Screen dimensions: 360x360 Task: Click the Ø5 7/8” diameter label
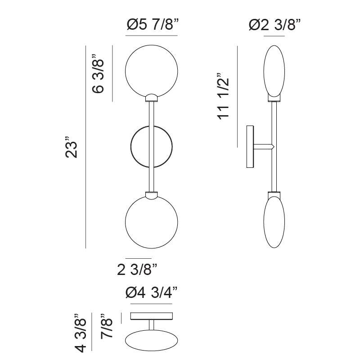(x=153, y=24)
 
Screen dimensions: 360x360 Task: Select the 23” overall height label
(x=72, y=147)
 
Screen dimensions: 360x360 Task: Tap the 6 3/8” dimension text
(x=98, y=73)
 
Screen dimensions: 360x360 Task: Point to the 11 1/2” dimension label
(x=223, y=96)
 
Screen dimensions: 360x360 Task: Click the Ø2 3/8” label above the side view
(x=274, y=25)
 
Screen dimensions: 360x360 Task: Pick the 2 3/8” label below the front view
(x=137, y=269)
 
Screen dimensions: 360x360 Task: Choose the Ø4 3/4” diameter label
(x=152, y=292)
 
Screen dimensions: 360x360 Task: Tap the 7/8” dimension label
(x=107, y=325)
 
